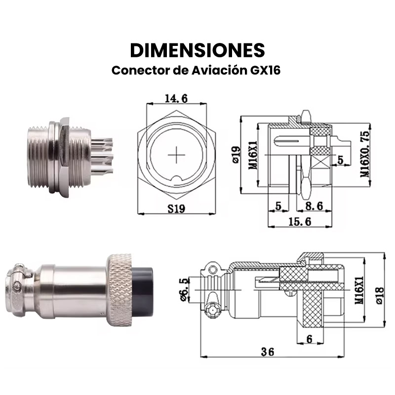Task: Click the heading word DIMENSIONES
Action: click(x=197, y=50)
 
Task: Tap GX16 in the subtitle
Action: click(x=265, y=70)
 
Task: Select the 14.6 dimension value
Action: click(x=176, y=98)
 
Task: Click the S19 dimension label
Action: click(x=176, y=208)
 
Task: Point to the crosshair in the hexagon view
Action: click(x=176, y=155)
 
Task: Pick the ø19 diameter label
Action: click(x=236, y=155)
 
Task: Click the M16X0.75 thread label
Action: click(x=365, y=154)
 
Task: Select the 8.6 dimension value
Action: click(x=314, y=206)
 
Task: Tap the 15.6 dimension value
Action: click(x=300, y=221)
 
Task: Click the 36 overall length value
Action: click(x=268, y=352)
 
